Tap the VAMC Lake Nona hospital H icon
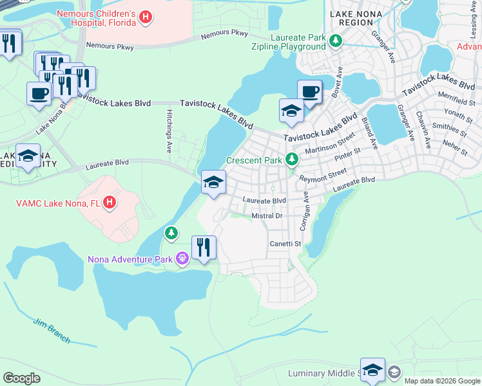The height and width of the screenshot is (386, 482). point(110,203)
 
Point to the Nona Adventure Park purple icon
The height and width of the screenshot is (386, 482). point(182,259)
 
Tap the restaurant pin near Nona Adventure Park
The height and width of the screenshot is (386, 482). point(204,248)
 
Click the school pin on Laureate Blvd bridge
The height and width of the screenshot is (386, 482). point(213,182)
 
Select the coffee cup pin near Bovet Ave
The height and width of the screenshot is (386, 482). point(309,91)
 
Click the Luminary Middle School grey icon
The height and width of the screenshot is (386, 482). point(394,372)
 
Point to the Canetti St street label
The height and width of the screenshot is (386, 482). point(285,244)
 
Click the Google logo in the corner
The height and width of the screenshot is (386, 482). point(21,378)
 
